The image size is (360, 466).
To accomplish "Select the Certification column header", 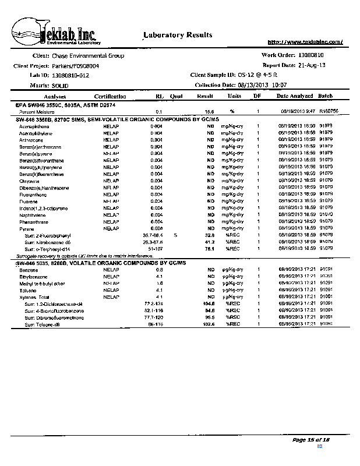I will pos(110,96).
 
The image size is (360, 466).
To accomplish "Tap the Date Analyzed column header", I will pos(294,96).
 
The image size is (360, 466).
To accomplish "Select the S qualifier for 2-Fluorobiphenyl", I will pos(175,235).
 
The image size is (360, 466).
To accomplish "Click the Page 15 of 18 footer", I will pos(311,439).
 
